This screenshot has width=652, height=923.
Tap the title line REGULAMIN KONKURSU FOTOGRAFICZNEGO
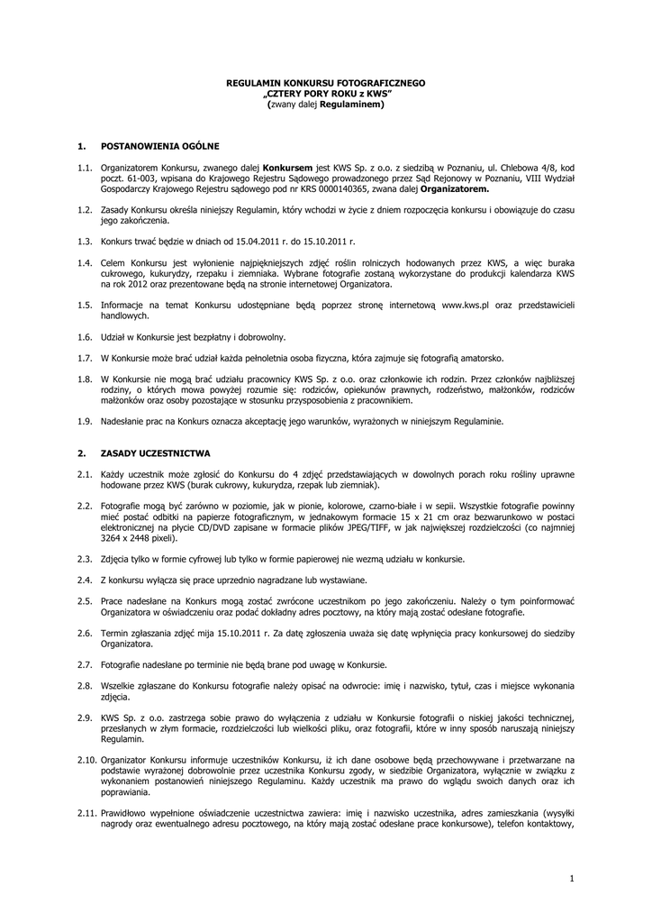click(x=325, y=83)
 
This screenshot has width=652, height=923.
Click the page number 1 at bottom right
click(x=571, y=877)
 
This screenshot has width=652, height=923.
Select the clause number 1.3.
click(x=86, y=242)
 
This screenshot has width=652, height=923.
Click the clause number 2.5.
click(x=86, y=600)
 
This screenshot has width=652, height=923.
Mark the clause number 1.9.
click(x=86, y=420)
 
